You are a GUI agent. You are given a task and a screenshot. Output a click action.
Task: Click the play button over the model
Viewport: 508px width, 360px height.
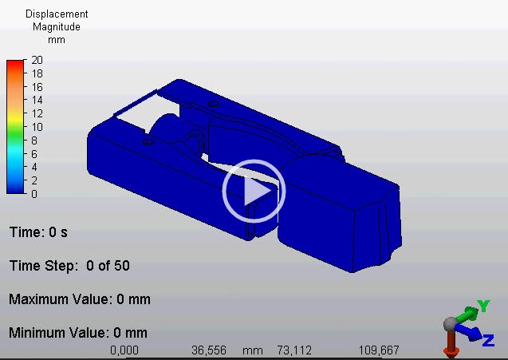(x=254, y=191)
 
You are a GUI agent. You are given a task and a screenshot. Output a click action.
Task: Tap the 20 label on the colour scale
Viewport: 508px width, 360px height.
(x=37, y=60)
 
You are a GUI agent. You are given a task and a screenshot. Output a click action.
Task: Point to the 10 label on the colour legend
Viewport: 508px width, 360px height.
(x=37, y=127)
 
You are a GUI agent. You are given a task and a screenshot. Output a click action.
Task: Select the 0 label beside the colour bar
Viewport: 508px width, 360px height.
(x=34, y=194)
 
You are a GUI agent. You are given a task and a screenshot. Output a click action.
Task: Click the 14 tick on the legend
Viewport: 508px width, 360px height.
(x=37, y=100)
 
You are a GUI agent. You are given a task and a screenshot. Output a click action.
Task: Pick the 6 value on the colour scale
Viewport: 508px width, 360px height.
(x=34, y=154)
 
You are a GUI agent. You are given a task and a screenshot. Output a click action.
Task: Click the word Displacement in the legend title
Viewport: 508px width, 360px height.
(x=57, y=14)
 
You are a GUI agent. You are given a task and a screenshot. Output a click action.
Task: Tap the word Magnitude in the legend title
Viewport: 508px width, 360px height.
(x=57, y=26)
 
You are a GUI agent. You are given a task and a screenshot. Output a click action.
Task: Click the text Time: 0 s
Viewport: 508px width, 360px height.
(x=38, y=232)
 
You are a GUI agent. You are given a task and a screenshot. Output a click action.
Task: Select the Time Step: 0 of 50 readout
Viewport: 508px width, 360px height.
(x=69, y=266)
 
